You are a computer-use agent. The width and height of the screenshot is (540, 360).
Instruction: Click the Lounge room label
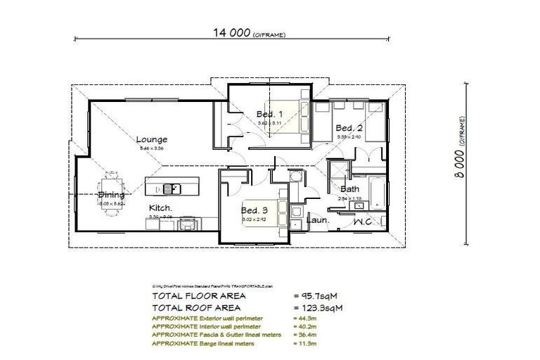coord(151,139)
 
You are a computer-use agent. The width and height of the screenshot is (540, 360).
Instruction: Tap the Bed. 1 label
coord(269,114)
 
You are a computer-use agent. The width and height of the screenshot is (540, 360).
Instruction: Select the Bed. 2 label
coord(348,128)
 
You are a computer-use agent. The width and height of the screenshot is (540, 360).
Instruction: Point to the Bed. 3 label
coord(254,210)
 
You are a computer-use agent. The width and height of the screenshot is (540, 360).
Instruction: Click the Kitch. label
coord(160,208)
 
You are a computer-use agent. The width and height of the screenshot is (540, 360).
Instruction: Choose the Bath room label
coord(349,189)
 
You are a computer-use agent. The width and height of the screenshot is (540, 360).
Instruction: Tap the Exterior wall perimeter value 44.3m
coord(303,317)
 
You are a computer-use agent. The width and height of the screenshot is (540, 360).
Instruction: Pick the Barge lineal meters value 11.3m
coord(303,345)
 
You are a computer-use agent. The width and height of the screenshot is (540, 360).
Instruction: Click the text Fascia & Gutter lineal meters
coord(218,335)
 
